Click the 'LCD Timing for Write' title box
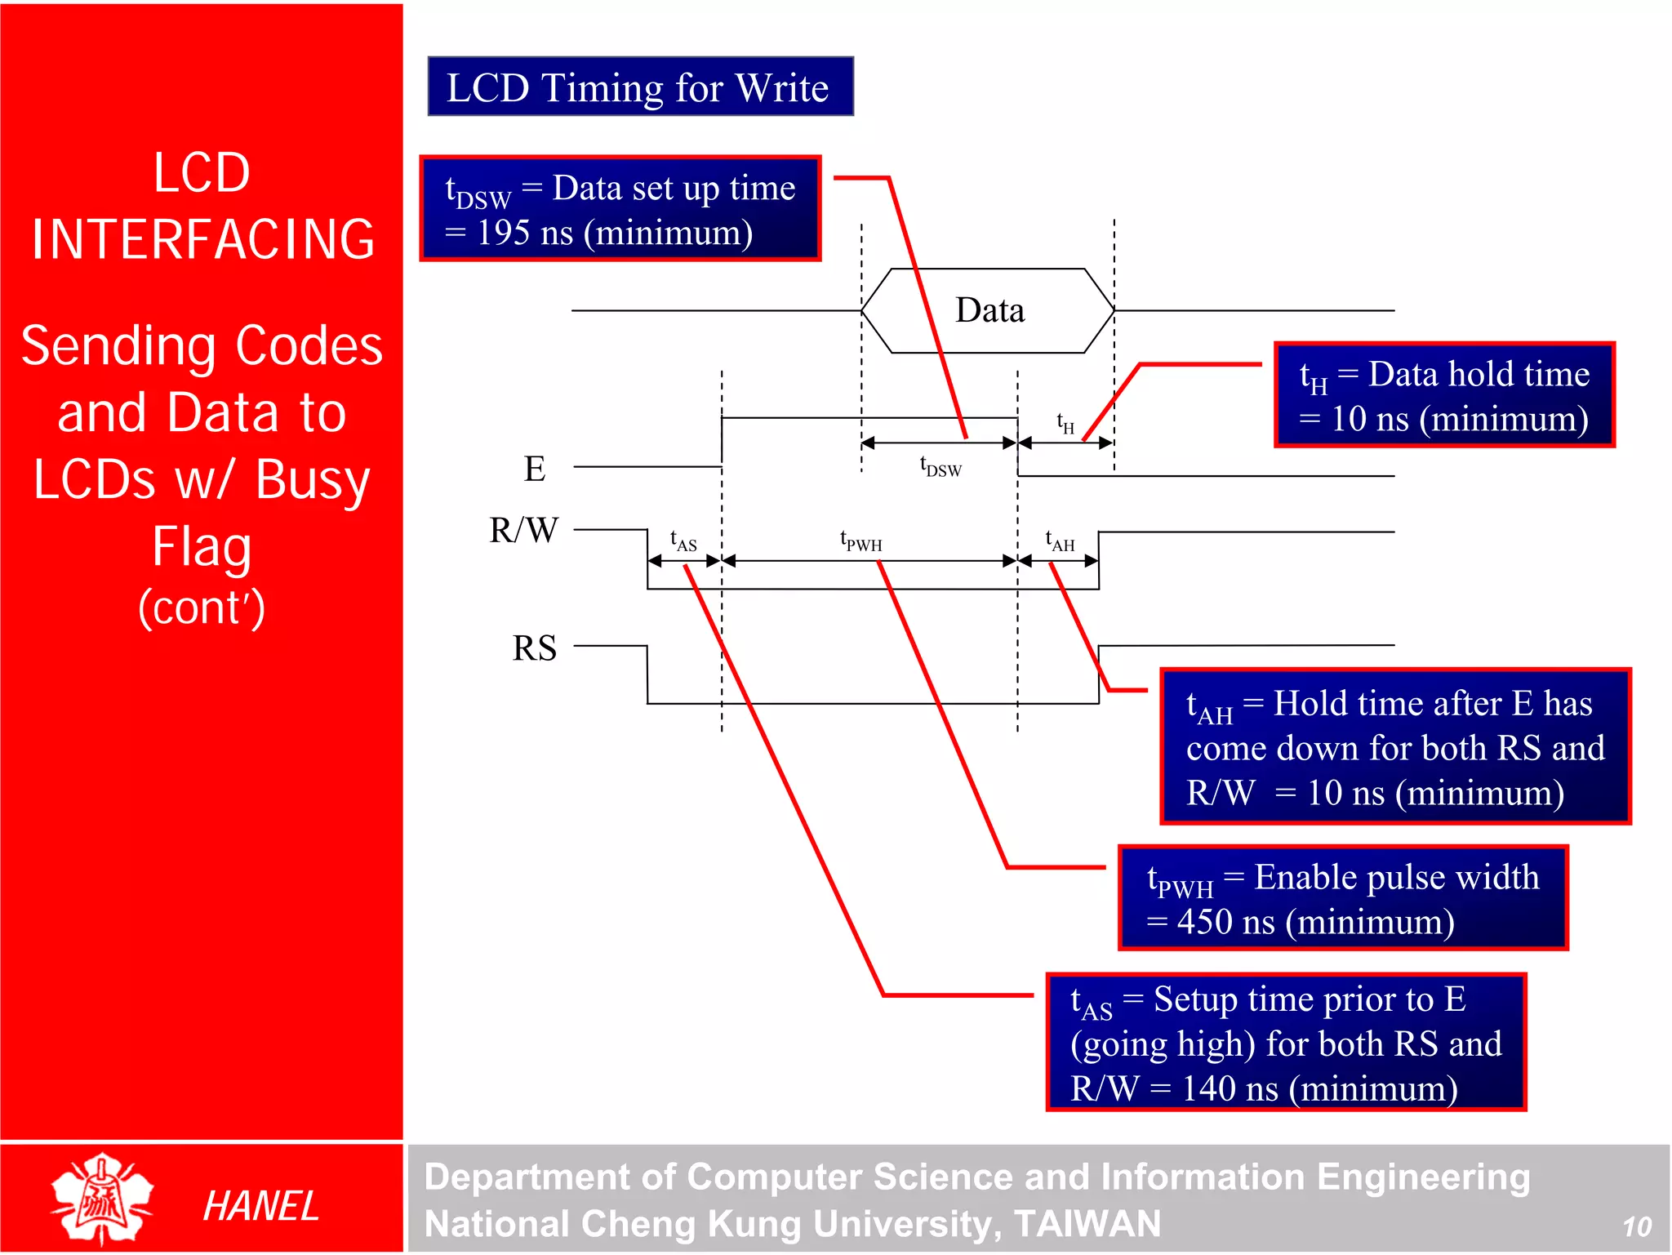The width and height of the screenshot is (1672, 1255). coord(640,87)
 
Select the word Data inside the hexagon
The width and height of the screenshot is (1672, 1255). coord(989,311)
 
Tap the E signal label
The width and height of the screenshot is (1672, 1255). coord(535,469)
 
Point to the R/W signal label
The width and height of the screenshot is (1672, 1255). coord(523,530)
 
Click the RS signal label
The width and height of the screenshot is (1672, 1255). coord(535,648)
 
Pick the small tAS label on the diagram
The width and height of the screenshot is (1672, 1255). coord(683,541)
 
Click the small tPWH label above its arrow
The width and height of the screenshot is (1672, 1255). coord(861,541)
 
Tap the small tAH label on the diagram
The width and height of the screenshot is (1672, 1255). coord(1060,541)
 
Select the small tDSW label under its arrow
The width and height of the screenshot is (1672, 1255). coord(940,466)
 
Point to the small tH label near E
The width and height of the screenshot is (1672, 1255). coord(1065,422)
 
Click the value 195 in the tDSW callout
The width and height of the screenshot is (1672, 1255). coord(504,234)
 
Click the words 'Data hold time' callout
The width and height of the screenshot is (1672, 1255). coord(1479,374)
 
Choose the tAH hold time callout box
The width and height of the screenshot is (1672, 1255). coord(1394,746)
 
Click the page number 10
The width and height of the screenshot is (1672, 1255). coord(1636,1226)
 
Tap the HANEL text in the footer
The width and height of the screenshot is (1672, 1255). coord(260,1206)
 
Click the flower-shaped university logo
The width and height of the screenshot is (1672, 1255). coord(102,1199)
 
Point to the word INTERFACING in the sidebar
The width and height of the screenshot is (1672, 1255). coord(202,239)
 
